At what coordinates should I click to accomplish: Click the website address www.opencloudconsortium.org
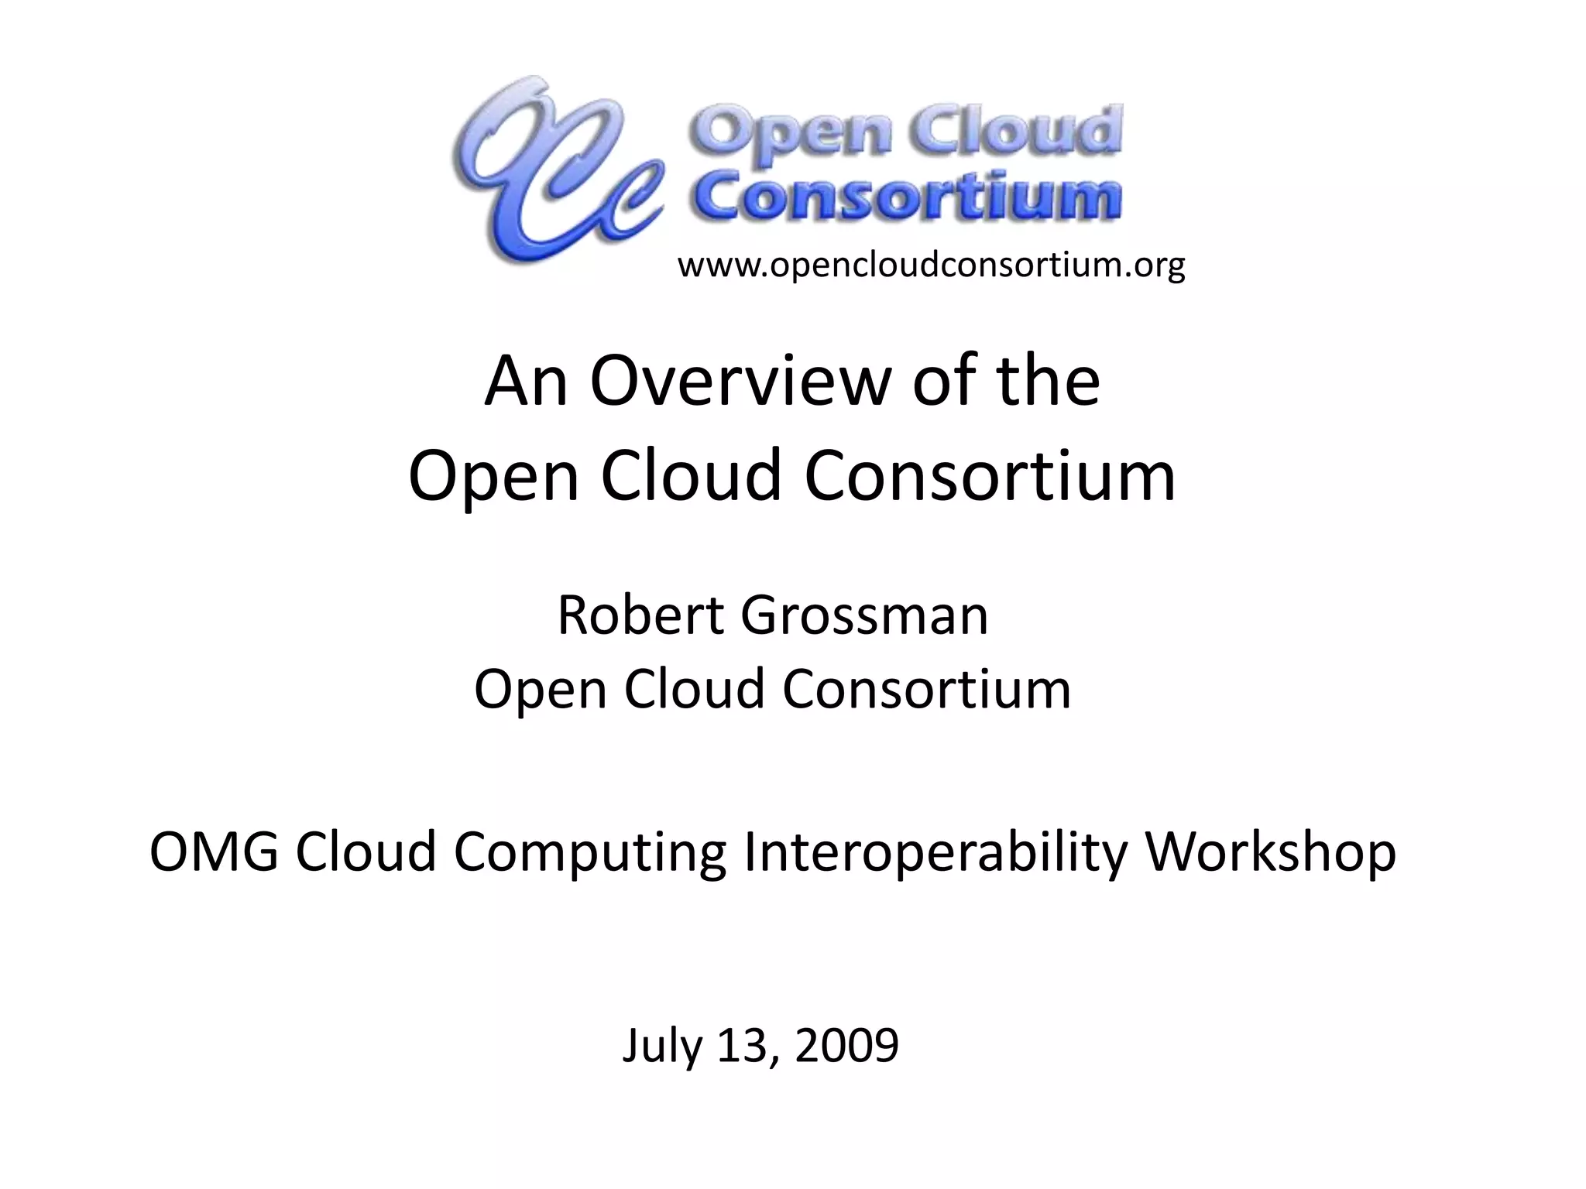point(931,266)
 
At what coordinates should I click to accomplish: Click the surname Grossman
point(864,615)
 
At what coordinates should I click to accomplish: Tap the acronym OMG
point(214,851)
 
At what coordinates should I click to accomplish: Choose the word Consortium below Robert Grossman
point(926,689)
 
